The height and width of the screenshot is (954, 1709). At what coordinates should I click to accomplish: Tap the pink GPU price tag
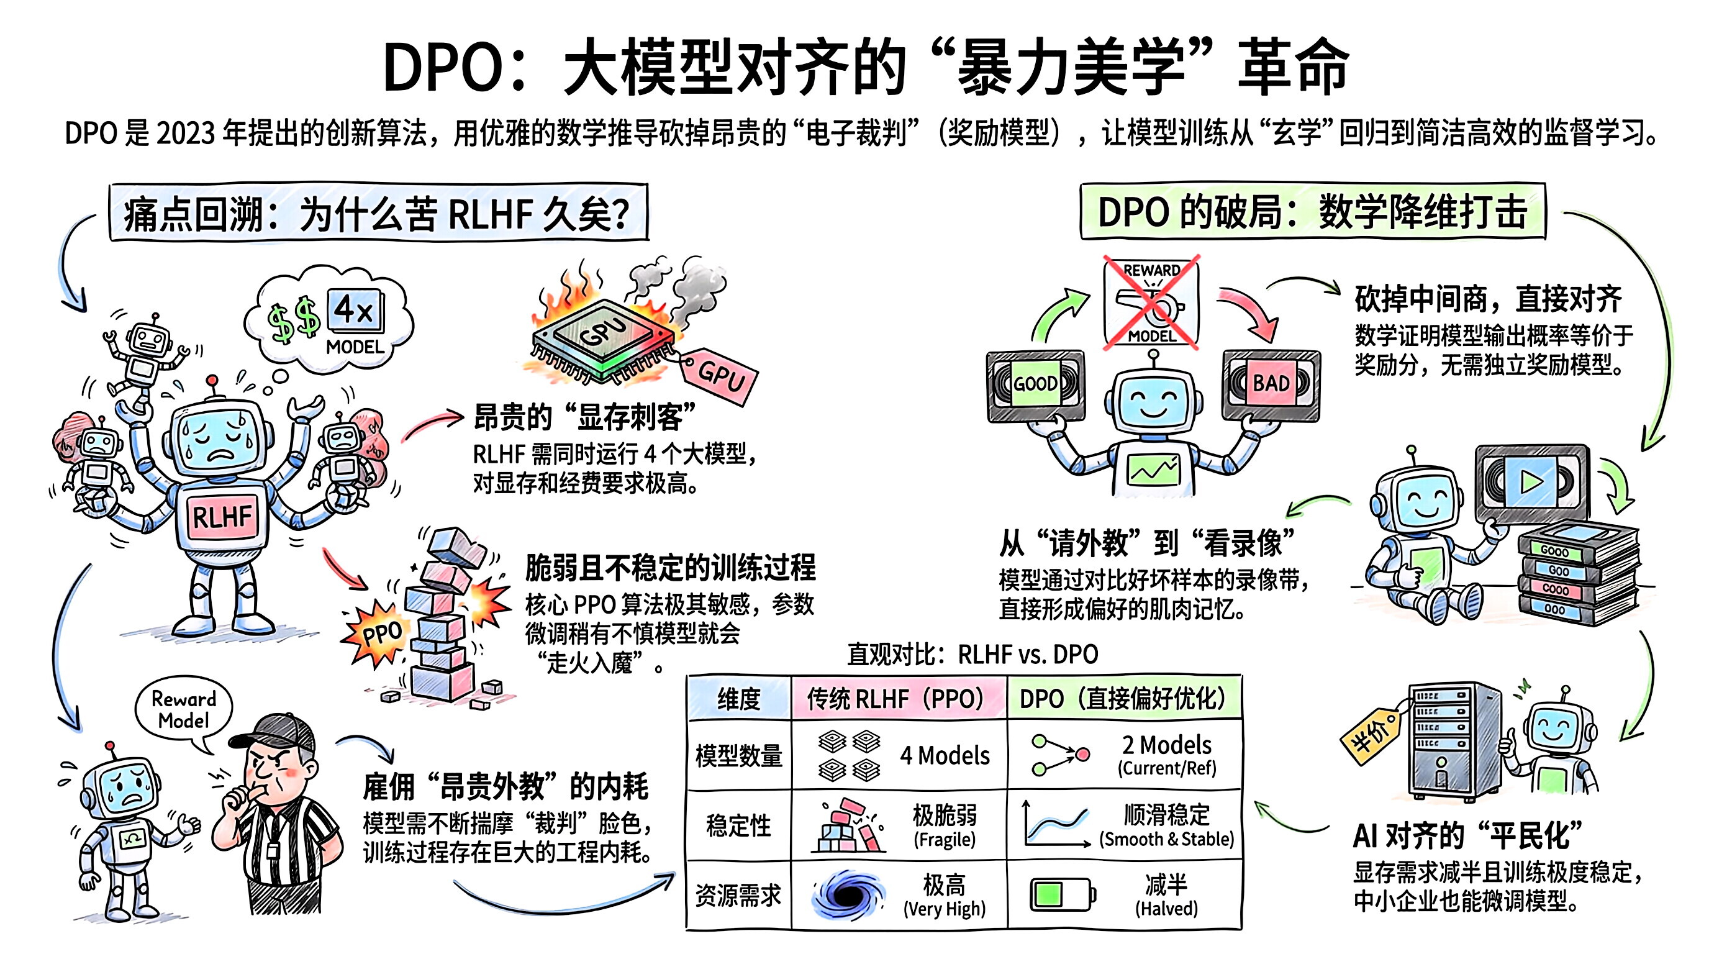tap(720, 376)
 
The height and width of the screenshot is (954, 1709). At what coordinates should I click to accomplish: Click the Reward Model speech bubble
tap(184, 710)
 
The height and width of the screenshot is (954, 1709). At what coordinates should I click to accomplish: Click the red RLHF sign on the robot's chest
tap(222, 516)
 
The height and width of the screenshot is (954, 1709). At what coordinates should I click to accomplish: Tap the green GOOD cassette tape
tap(1035, 385)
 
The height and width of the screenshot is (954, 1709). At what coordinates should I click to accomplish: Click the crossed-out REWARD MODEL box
tap(1152, 302)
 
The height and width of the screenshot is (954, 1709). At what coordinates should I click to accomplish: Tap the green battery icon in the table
tap(1061, 894)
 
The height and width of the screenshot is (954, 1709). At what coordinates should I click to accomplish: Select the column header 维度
tap(738, 699)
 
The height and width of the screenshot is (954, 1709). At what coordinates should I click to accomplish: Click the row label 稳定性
tap(738, 826)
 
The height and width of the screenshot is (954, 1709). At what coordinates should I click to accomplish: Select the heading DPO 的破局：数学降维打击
tap(1312, 212)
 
